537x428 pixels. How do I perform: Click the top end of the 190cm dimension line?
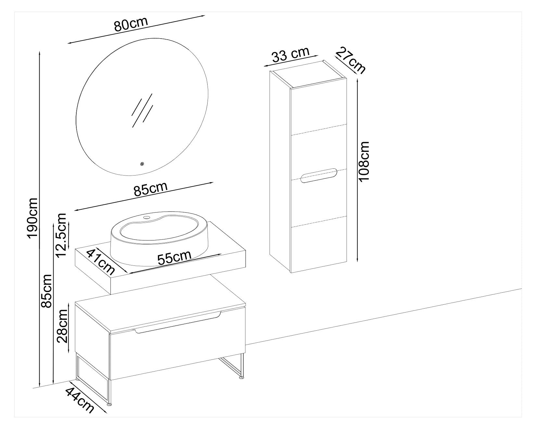tap(40, 51)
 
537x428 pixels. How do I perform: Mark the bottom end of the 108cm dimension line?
tap(357, 262)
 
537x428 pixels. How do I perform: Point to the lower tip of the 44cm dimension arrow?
tap(107, 412)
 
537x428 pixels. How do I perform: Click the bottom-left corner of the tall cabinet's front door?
tap(291, 273)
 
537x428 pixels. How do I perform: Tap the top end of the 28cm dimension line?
tap(69, 302)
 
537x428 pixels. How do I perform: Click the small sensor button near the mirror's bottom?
tap(142, 164)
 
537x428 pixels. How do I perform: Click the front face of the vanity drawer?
tap(177, 350)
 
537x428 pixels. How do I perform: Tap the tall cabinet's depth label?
tap(351, 60)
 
